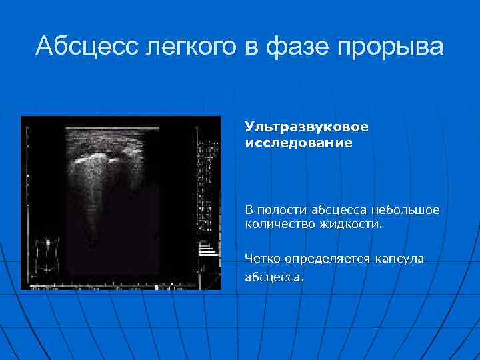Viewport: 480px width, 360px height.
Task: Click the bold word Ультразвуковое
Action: coord(306,126)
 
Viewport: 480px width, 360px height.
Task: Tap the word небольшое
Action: coord(407,211)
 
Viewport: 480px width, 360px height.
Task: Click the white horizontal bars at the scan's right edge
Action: coord(208,249)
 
